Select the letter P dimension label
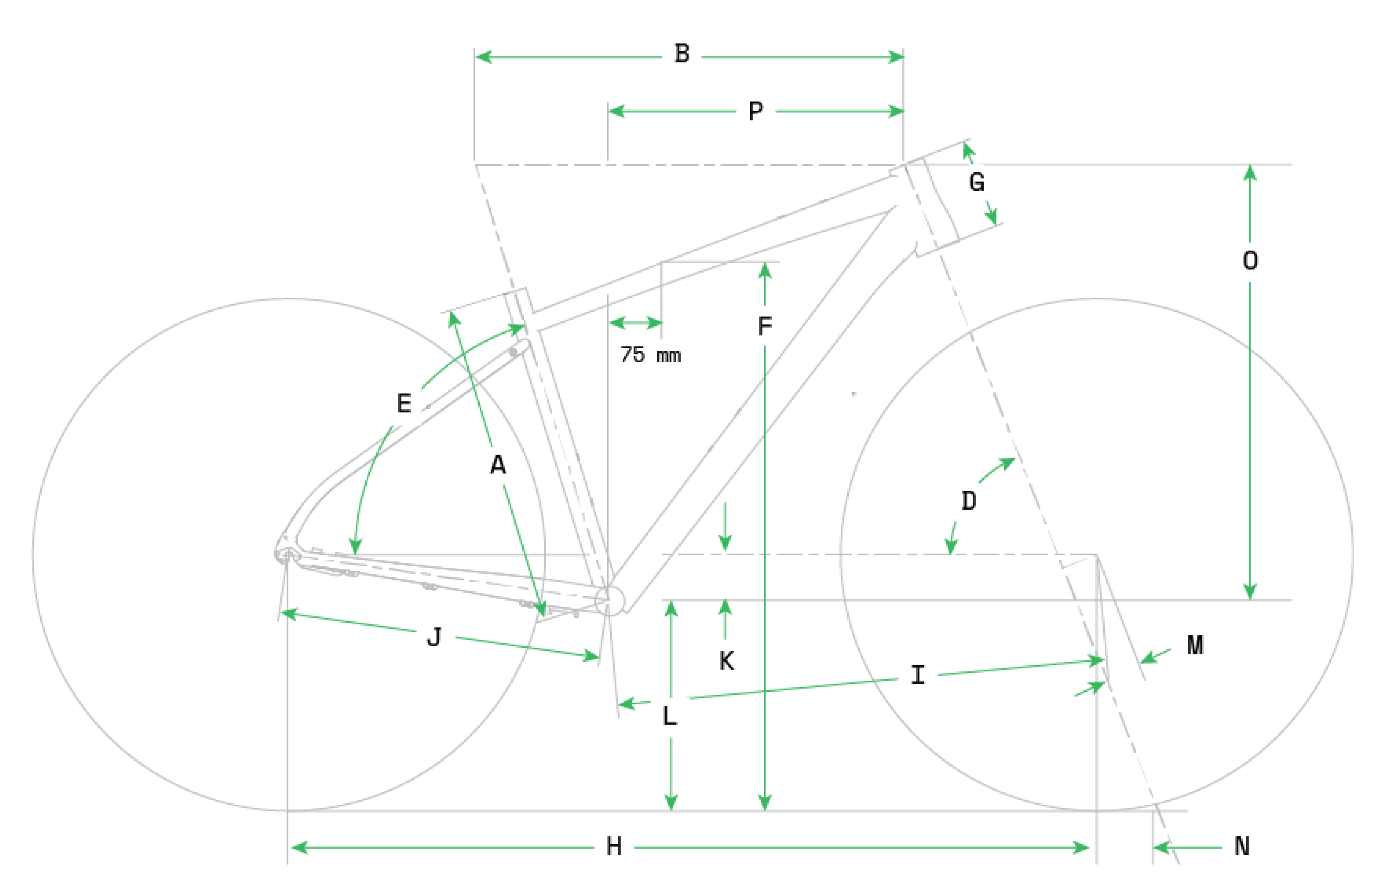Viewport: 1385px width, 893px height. (755, 111)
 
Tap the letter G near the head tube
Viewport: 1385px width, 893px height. (977, 182)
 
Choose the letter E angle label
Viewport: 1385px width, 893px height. (404, 403)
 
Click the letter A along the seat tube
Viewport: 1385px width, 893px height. (498, 465)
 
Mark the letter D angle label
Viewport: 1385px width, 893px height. (969, 500)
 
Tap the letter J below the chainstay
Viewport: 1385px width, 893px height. (434, 637)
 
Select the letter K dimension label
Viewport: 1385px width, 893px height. (726, 660)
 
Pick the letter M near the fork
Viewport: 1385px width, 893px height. (1195, 645)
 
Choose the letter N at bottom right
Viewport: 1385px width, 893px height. (1242, 846)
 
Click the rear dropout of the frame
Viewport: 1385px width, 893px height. (288, 555)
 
